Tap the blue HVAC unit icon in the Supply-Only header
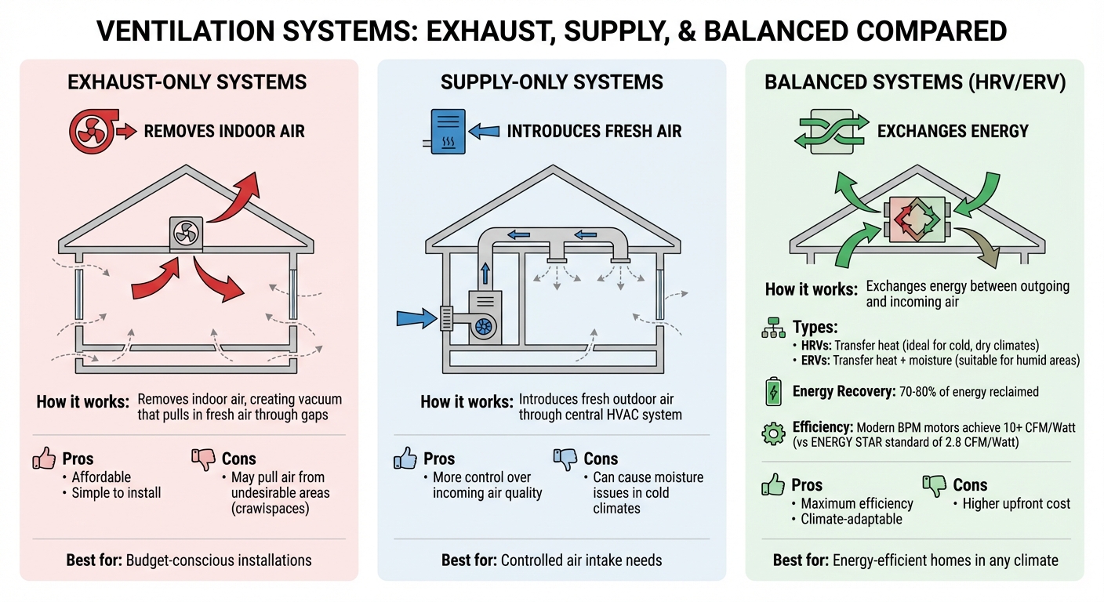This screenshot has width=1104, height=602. (x=442, y=130)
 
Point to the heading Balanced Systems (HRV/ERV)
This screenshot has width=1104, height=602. (x=915, y=82)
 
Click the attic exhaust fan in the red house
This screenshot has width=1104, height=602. (x=187, y=234)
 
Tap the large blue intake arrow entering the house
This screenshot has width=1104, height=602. (x=417, y=317)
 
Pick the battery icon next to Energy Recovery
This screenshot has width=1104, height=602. (x=772, y=392)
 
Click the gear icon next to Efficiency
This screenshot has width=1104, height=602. (x=773, y=433)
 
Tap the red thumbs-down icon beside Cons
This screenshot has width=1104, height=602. (x=203, y=459)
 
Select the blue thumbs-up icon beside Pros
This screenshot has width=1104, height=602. (x=405, y=459)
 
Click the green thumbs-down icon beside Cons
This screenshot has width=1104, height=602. (x=934, y=485)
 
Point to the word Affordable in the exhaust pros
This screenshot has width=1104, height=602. (x=101, y=477)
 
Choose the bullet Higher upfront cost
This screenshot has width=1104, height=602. (x=1016, y=504)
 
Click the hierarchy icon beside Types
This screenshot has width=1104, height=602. (x=773, y=329)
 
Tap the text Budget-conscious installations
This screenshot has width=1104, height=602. (x=219, y=560)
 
